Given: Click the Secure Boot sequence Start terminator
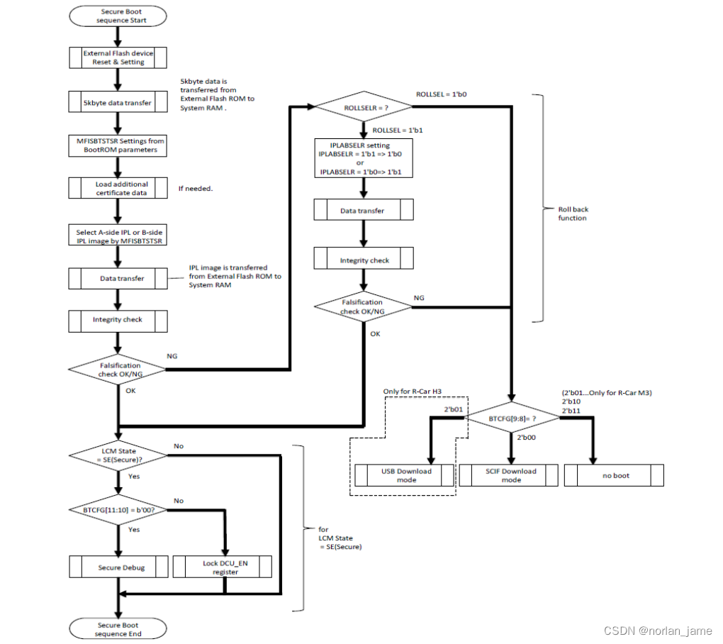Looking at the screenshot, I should [x=118, y=16].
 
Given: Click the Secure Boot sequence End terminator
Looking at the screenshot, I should [x=118, y=629].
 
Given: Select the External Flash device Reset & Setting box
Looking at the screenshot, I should [x=118, y=57].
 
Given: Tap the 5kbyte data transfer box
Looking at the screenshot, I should [x=118, y=103].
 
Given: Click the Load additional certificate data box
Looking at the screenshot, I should [x=118, y=188].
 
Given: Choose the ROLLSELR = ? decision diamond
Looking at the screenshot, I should [x=362, y=107].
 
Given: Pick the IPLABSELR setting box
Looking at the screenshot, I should [x=362, y=158].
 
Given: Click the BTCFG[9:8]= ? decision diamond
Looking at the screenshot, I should [x=512, y=419].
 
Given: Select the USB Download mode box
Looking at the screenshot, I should [x=404, y=475].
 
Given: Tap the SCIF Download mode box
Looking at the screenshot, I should [x=510, y=475].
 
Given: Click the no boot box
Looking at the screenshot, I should [x=614, y=475].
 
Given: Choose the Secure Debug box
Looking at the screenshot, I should [x=118, y=567].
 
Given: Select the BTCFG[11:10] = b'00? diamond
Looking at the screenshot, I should [x=118, y=509].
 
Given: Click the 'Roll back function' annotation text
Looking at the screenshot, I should [x=573, y=213].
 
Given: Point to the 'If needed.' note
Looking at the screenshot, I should [x=195, y=189].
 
